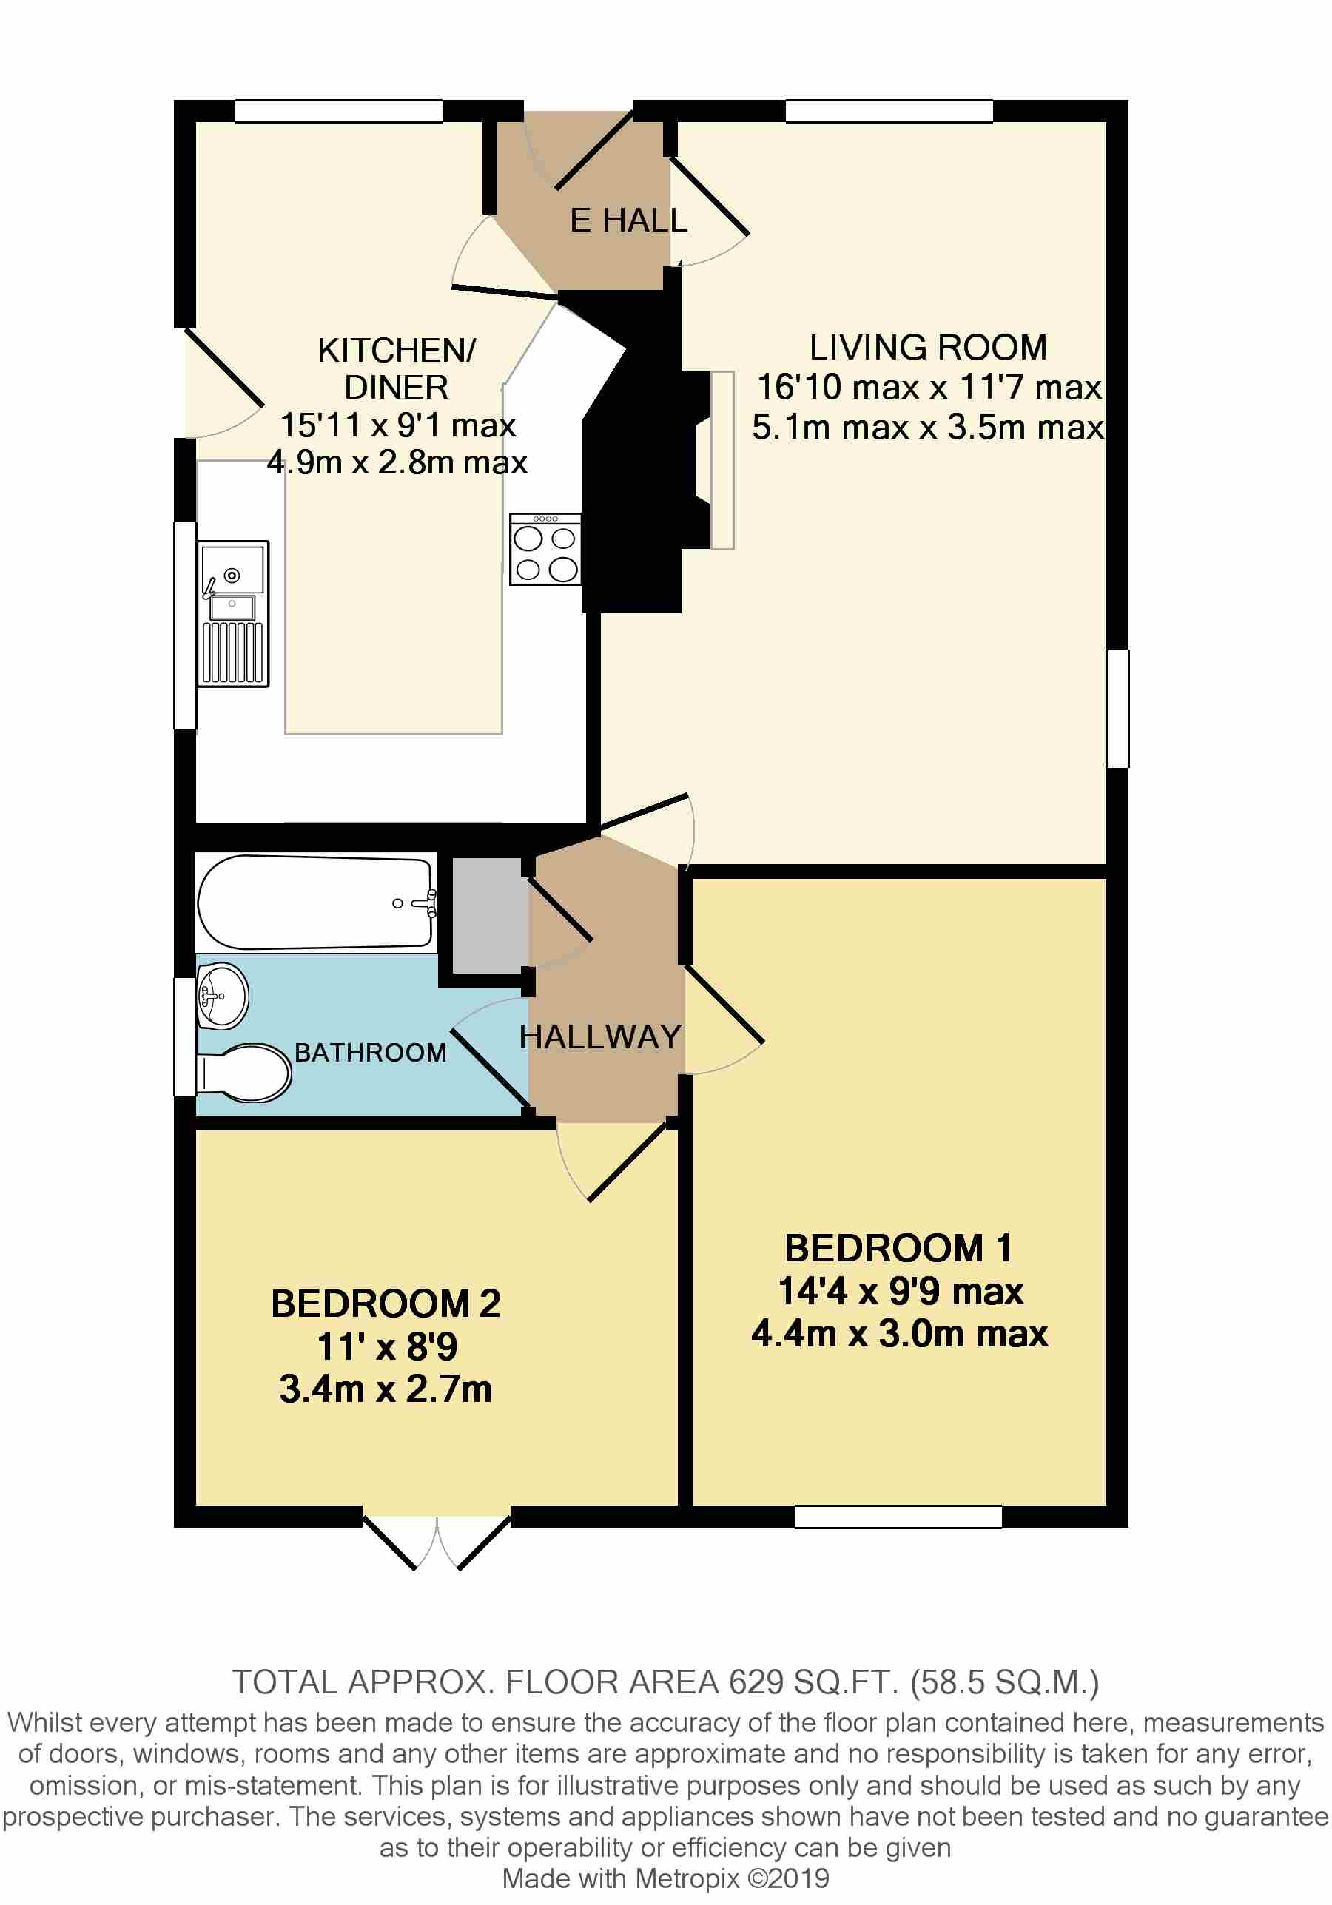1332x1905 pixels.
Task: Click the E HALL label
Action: point(628,220)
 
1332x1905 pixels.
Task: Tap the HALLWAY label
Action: point(600,1037)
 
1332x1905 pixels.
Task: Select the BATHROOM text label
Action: point(370,1053)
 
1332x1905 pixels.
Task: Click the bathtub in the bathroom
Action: point(315,903)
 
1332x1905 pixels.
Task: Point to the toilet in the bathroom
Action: point(244,1073)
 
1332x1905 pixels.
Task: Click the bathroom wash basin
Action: point(223,996)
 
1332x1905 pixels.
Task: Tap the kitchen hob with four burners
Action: point(545,549)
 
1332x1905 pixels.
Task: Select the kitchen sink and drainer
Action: point(233,614)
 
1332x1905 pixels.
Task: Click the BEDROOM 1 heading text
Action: point(899,1249)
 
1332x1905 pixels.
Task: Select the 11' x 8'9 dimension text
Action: point(387,1346)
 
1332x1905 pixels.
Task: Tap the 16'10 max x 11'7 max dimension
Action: point(929,388)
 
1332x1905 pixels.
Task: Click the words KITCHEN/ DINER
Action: point(397,369)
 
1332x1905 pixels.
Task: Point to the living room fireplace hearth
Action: point(722,460)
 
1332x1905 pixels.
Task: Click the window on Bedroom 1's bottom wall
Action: point(898,1517)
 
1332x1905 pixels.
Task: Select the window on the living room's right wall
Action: point(1118,709)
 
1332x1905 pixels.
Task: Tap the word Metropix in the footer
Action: point(687,1878)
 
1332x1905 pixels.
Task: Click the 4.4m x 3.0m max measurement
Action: point(900,1334)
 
